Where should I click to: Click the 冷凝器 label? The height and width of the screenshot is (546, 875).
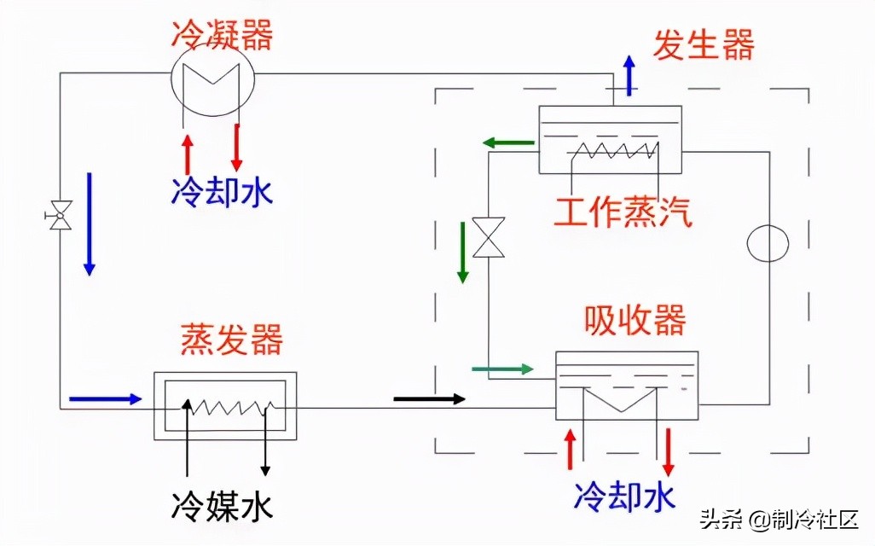(222, 35)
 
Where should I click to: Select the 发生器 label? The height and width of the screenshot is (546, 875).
(704, 44)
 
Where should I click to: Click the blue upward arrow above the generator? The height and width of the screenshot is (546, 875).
(629, 74)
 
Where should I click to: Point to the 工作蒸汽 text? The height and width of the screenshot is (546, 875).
(622, 211)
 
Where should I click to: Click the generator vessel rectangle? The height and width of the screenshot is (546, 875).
(610, 139)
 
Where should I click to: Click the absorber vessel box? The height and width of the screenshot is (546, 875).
(626, 385)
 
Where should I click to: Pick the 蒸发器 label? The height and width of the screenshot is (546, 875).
(231, 340)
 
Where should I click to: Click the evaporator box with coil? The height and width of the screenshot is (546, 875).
(224, 406)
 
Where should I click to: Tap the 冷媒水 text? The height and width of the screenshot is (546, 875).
(223, 507)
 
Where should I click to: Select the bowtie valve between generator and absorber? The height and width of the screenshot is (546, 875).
(489, 236)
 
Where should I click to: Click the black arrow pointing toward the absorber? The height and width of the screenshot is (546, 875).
(430, 398)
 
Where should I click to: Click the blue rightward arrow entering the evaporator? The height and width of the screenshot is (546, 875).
(105, 398)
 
